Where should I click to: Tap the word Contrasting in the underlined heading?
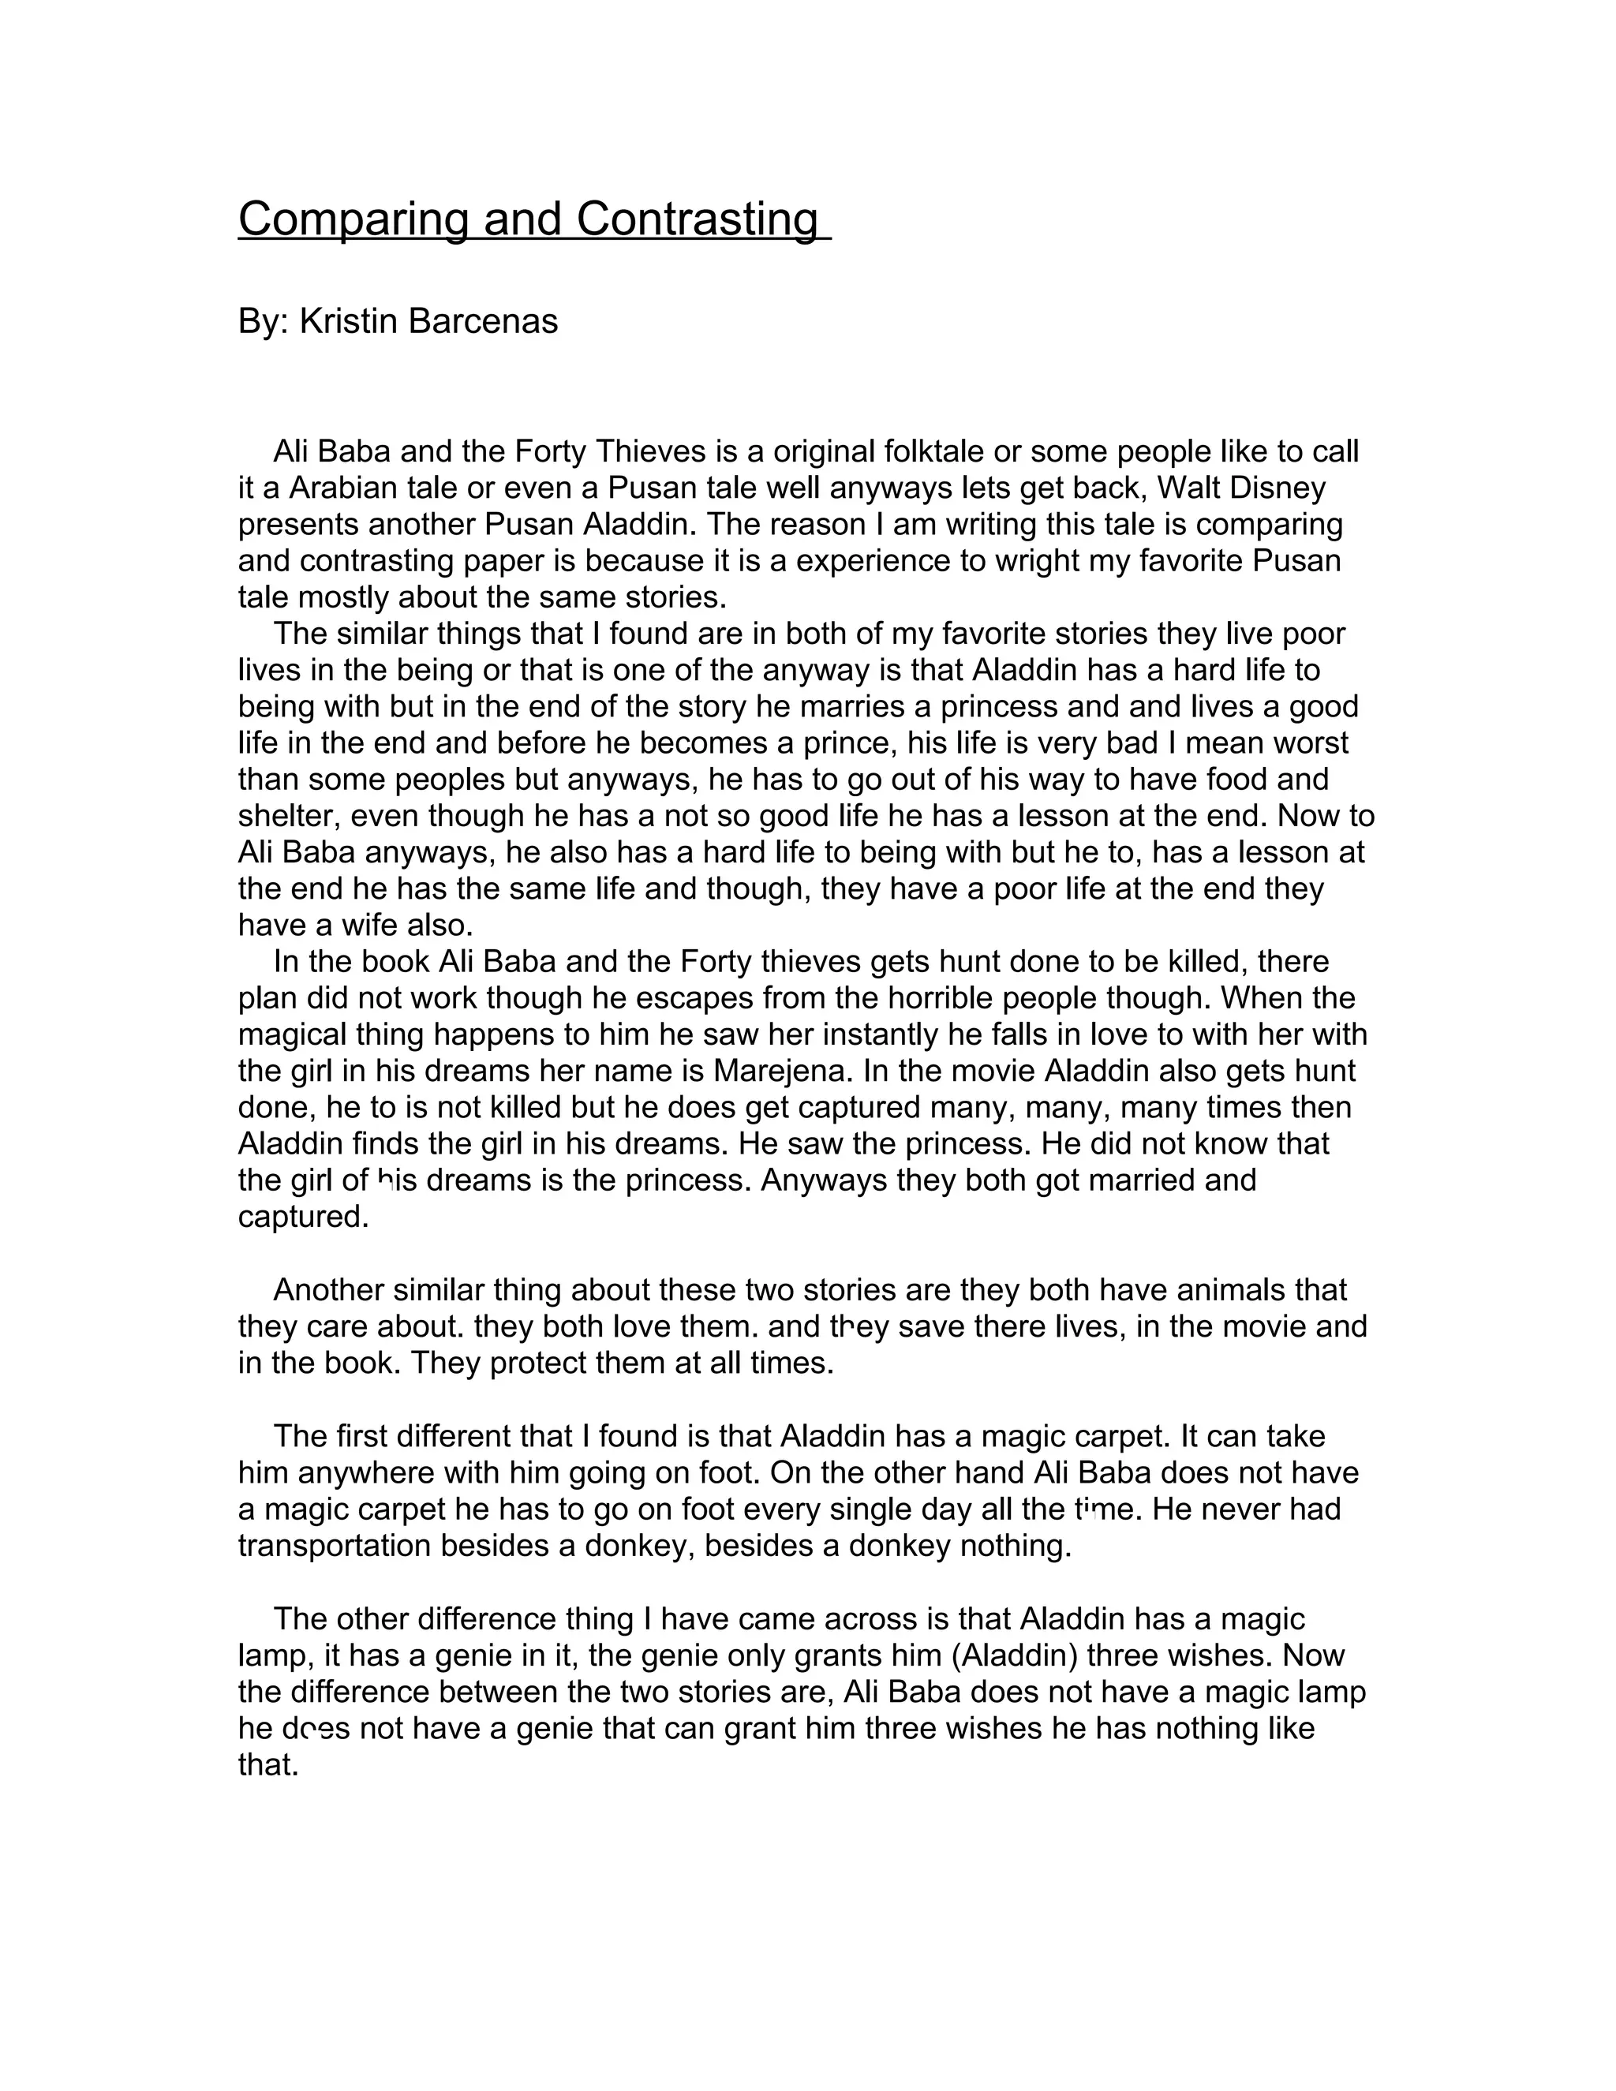(697, 220)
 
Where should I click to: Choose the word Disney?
(1278, 488)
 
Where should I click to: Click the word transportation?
(335, 1545)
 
